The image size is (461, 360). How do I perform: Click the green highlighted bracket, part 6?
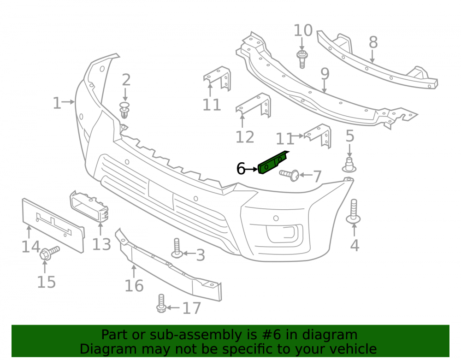[x=273, y=163]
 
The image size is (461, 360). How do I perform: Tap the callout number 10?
[x=303, y=30]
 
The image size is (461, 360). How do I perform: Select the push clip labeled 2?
[x=124, y=110]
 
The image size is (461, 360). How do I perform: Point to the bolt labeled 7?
[x=290, y=175]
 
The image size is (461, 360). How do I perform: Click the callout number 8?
[x=373, y=42]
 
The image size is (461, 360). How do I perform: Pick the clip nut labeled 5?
[x=349, y=165]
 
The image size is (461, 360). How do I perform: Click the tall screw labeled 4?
[x=354, y=211]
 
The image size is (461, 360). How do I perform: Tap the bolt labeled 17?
[x=161, y=303]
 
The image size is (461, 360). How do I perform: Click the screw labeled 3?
[x=177, y=248]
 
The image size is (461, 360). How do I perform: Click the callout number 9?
[x=325, y=73]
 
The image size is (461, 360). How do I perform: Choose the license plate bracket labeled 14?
[x=53, y=225]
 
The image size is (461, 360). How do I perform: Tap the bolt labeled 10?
[x=302, y=59]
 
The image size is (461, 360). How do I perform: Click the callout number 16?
[x=134, y=286]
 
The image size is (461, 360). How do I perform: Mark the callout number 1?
[x=57, y=103]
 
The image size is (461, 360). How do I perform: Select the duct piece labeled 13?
[x=89, y=206]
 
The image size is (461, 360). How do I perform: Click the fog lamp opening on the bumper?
[x=284, y=234]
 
